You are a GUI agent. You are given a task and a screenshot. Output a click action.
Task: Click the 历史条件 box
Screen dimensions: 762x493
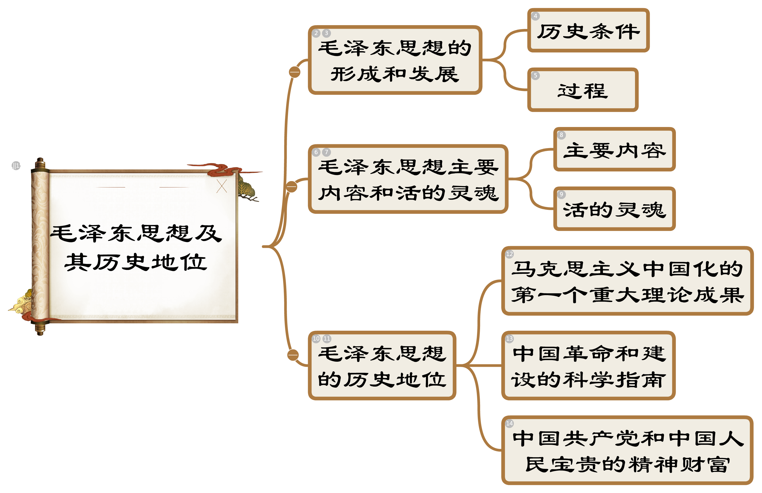coord(589,31)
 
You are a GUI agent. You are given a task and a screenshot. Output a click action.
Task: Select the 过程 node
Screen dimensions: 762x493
coord(583,90)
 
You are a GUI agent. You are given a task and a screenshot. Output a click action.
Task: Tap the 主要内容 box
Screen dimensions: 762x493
coord(614,150)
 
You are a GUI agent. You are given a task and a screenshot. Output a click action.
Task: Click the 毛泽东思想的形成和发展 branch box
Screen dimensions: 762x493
coord(395,60)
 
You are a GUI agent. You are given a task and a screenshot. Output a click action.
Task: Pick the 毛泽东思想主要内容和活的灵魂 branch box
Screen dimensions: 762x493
coord(408,180)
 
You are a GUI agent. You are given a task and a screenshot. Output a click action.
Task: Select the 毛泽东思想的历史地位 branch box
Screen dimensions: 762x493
coord(382,366)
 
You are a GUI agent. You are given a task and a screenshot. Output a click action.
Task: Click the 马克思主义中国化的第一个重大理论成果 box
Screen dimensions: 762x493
coord(627,281)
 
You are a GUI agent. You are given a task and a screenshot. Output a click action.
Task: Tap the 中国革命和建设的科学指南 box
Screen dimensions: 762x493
coord(589,366)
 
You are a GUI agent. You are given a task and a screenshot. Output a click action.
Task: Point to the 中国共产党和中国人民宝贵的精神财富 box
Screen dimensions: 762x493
coord(627,450)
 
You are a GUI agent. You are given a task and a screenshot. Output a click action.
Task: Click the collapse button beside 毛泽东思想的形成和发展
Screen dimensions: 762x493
coord(295,72)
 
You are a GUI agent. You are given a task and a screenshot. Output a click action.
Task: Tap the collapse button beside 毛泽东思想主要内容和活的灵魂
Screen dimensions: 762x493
coord(292,187)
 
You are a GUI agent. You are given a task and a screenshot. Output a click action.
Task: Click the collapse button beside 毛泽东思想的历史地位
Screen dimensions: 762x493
coord(293,355)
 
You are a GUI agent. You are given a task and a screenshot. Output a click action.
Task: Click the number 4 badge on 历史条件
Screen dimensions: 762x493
coord(535,16)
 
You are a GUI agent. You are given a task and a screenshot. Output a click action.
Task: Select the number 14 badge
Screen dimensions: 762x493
coord(509,423)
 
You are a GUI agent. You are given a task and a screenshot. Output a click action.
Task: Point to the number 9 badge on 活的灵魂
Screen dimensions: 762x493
coord(561,194)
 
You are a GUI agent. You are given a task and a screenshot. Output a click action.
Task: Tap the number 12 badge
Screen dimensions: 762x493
coord(509,254)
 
